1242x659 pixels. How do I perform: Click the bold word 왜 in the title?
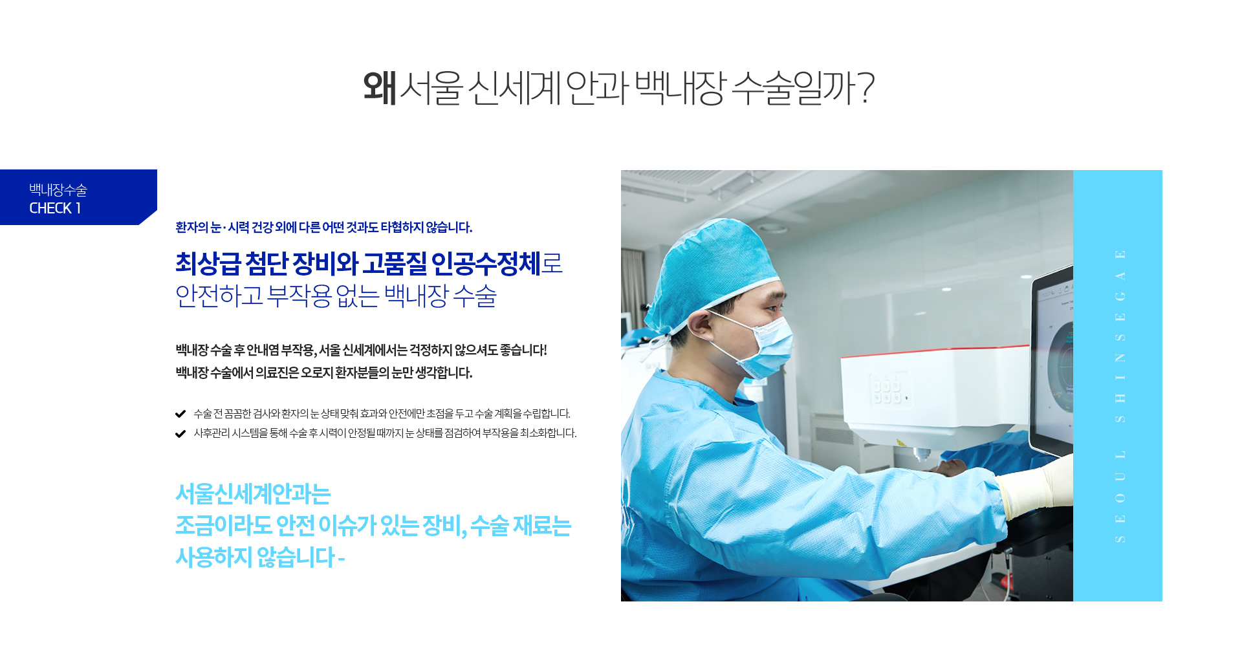coord(380,87)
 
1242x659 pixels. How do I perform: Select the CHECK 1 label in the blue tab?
coord(55,208)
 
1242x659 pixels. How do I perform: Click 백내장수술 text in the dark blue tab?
coord(58,189)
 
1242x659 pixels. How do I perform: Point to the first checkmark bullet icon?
coord(180,414)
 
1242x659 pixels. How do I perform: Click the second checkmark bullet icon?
coord(180,433)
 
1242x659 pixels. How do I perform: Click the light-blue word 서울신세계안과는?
coord(253,494)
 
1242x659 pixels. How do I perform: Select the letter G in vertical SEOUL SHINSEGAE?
coord(1120,296)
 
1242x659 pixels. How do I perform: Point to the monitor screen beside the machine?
coord(1054,362)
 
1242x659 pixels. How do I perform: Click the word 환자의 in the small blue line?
coord(192,228)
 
